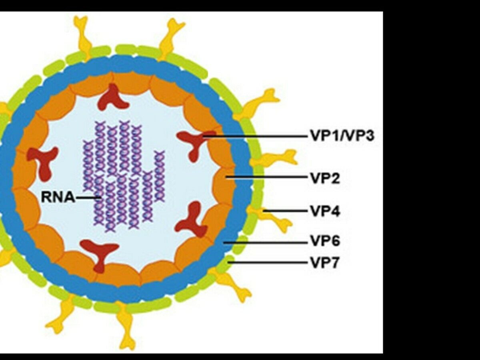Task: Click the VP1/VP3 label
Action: [342, 136]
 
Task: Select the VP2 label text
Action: [325, 178]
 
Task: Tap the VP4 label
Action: [325, 211]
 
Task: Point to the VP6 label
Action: [325, 242]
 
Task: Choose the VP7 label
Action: [325, 263]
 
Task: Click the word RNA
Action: [58, 197]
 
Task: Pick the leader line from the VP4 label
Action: [286, 210]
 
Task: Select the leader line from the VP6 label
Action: [266, 242]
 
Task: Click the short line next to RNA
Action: [88, 197]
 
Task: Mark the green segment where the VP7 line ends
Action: [230, 262]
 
